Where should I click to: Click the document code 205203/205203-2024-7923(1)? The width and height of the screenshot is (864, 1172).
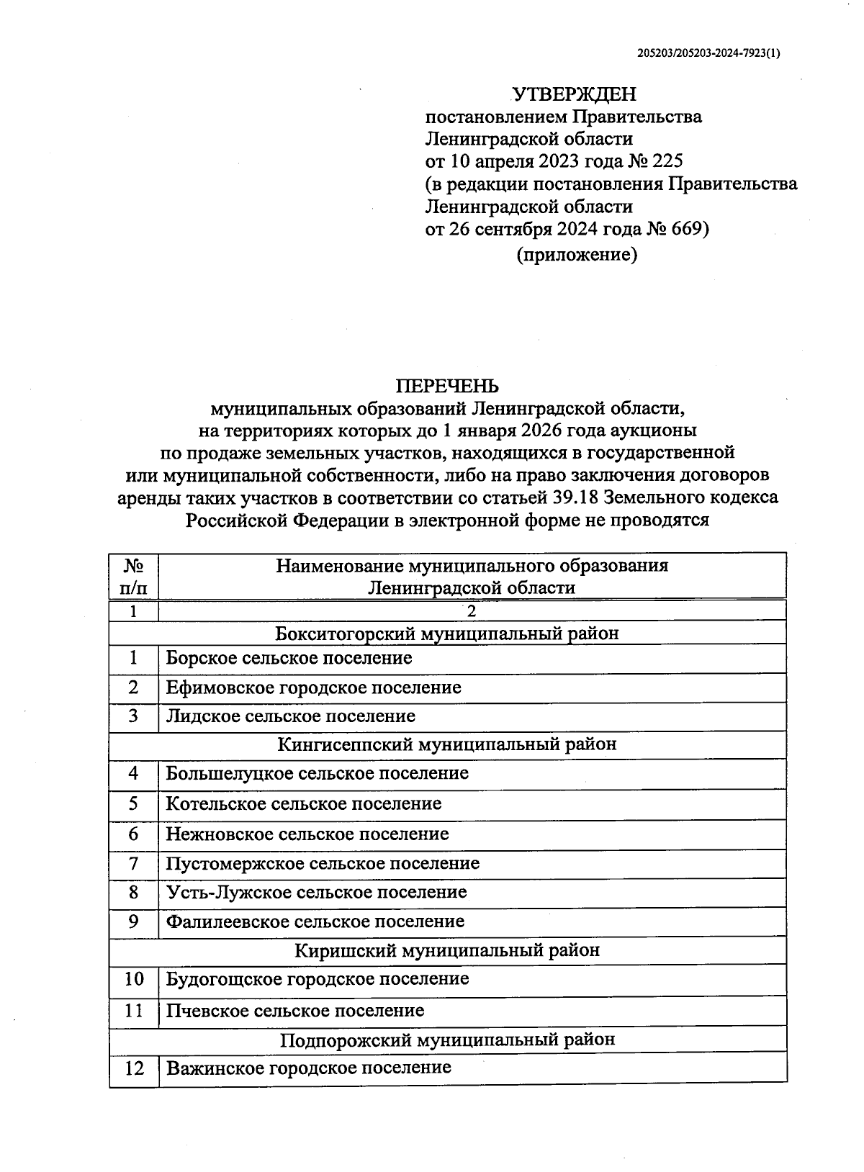pos(709,53)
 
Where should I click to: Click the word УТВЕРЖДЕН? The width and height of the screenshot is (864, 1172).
pos(574,94)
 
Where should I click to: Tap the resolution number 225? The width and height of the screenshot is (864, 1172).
pos(667,161)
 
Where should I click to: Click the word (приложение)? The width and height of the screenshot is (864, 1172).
pos(577,255)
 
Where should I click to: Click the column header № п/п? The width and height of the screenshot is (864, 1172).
pos(133,576)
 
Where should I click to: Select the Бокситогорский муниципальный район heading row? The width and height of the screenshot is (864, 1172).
pos(446,634)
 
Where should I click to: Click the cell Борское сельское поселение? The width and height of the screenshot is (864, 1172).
pos(289,658)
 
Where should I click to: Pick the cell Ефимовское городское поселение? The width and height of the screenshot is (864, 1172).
pos(313,688)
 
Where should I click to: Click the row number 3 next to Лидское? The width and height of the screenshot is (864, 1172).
pos(133,716)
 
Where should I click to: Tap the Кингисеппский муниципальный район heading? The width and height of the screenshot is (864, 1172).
pos(446,744)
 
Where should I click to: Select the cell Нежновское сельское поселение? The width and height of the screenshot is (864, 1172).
pos(307,834)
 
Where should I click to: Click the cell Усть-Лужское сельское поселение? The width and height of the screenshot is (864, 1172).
pos(316,893)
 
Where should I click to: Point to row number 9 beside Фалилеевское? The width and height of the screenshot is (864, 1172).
pos(133,921)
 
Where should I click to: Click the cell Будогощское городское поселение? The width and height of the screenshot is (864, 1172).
pos(317,979)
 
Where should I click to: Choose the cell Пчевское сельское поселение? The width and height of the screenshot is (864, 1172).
pos(294,1011)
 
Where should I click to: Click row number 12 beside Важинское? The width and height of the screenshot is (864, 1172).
pos(134,1068)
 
